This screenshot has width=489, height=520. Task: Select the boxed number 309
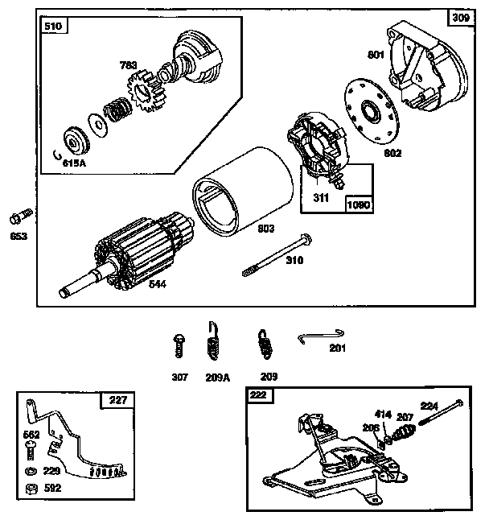(x=459, y=18)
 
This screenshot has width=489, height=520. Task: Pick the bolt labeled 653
(x=19, y=217)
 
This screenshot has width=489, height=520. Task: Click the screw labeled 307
(x=179, y=347)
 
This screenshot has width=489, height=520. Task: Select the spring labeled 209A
(x=213, y=342)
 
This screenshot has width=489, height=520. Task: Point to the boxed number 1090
(x=358, y=204)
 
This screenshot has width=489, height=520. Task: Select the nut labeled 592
(x=30, y=489)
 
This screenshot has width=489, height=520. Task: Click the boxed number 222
(x=259, y=395)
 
